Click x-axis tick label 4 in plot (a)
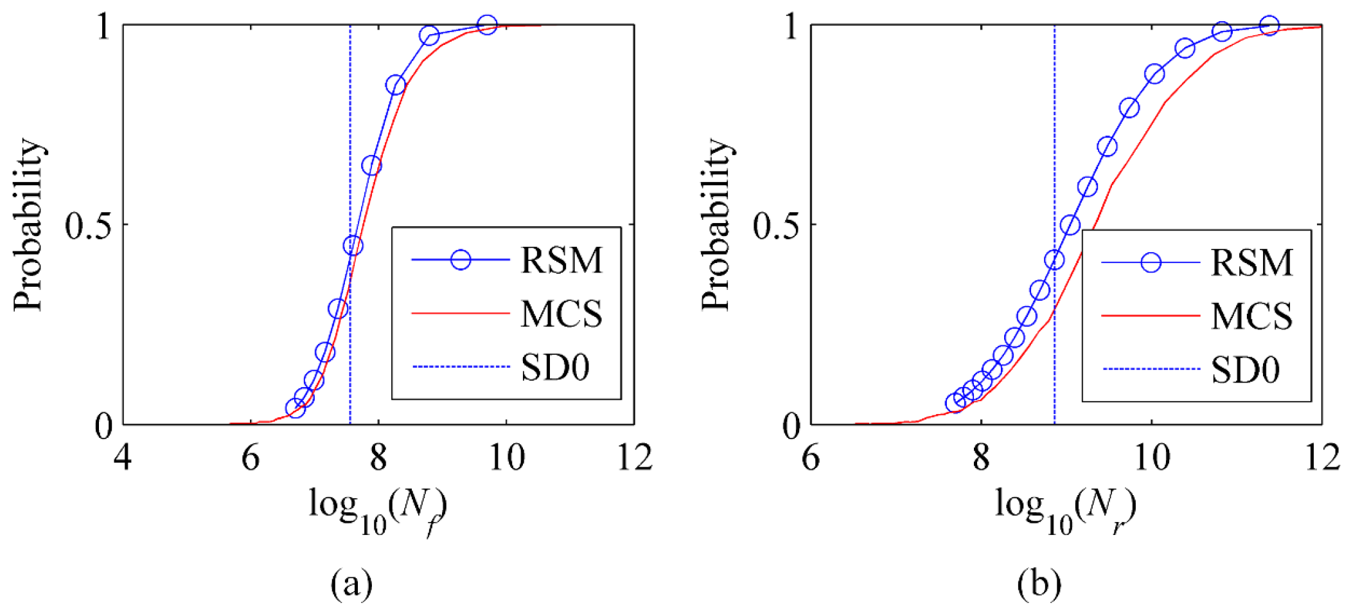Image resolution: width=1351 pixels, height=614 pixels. tap(122, 458)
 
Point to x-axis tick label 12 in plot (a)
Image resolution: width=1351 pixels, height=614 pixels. tap(634, 458)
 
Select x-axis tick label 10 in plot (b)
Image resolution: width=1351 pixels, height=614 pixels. tap(1151, 458)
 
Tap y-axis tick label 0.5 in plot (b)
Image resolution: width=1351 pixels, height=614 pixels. tap(777, 225)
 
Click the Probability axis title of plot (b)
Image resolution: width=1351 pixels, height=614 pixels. tap(716, 224)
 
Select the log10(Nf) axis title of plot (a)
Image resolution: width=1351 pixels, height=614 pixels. tap(378, 511)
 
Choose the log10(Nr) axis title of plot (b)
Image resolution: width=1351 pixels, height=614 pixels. tap(1065, 511)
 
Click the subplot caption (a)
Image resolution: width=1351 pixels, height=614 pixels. tap(351, 584)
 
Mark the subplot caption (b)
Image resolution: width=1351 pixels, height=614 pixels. tap(1039, 584)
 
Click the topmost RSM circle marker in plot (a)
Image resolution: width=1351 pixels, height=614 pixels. tap(487, 26)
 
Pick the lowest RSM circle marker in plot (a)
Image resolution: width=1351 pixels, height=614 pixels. tap(295, 408)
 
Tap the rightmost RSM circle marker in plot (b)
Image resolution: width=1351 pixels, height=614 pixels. tap(1269, 26)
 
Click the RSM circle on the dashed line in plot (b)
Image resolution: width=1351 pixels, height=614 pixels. tap(1054, 260)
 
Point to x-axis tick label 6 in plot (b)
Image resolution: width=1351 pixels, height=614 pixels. tap(811, 458)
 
